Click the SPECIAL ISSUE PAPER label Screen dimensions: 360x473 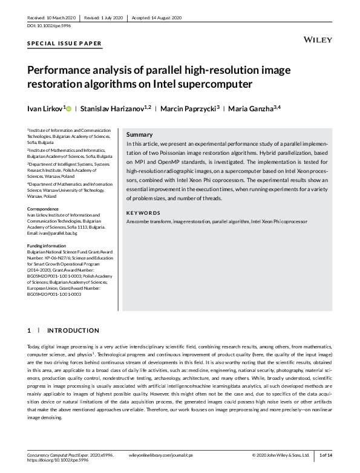pos(65,44)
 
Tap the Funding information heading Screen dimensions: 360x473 pos(50,245)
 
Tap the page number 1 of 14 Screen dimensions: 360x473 pos(326,454)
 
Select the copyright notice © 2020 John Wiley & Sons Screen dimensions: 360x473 pos(281,454)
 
